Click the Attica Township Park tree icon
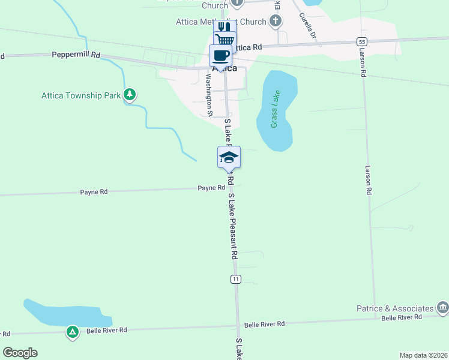coord(129,95)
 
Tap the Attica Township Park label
coord(81,95)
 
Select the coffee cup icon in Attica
coord(220,55)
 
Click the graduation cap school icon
coord(229,157)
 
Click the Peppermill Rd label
coord(76,54)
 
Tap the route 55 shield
coord(361,41)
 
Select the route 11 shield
coord(236,279)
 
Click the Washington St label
coord(209,94)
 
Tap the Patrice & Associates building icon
coord(442,308)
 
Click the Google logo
coord(20,353)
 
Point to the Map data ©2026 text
coord(423,355)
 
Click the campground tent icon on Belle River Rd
coord(72,331)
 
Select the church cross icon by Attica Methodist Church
coord(276,22)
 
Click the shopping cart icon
coord(224,40)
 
